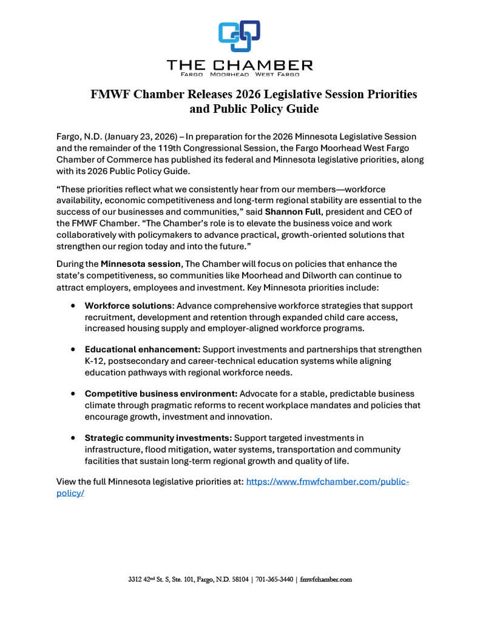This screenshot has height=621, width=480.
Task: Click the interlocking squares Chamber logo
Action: pyautogui.click(x=240, y=36)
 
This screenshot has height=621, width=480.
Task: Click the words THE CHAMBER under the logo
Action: pyautogui.click(x=240, y=65)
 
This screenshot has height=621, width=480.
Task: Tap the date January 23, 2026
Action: pyautogui.click(x=139, y=136)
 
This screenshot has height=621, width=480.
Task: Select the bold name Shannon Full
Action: pyautogui.click(x=288, y=212)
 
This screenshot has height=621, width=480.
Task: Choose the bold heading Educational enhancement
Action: pyautogui.click(x=142, y=350)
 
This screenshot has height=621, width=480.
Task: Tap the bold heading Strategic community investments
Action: pyautogui.click(x=158, y=437)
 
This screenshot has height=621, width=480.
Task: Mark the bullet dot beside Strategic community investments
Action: pyautogui.click(x=73, y=438)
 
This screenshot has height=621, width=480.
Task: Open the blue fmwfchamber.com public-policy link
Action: pyautogui.click(x=328, y=482)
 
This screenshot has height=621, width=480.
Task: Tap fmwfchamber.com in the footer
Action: pyautogui.click(x=326, y=580)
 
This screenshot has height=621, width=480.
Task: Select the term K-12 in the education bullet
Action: pyautogui.click(x=95, y=361)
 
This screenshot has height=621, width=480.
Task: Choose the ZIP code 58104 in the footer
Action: pyautogui.click(x=238, y=580)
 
